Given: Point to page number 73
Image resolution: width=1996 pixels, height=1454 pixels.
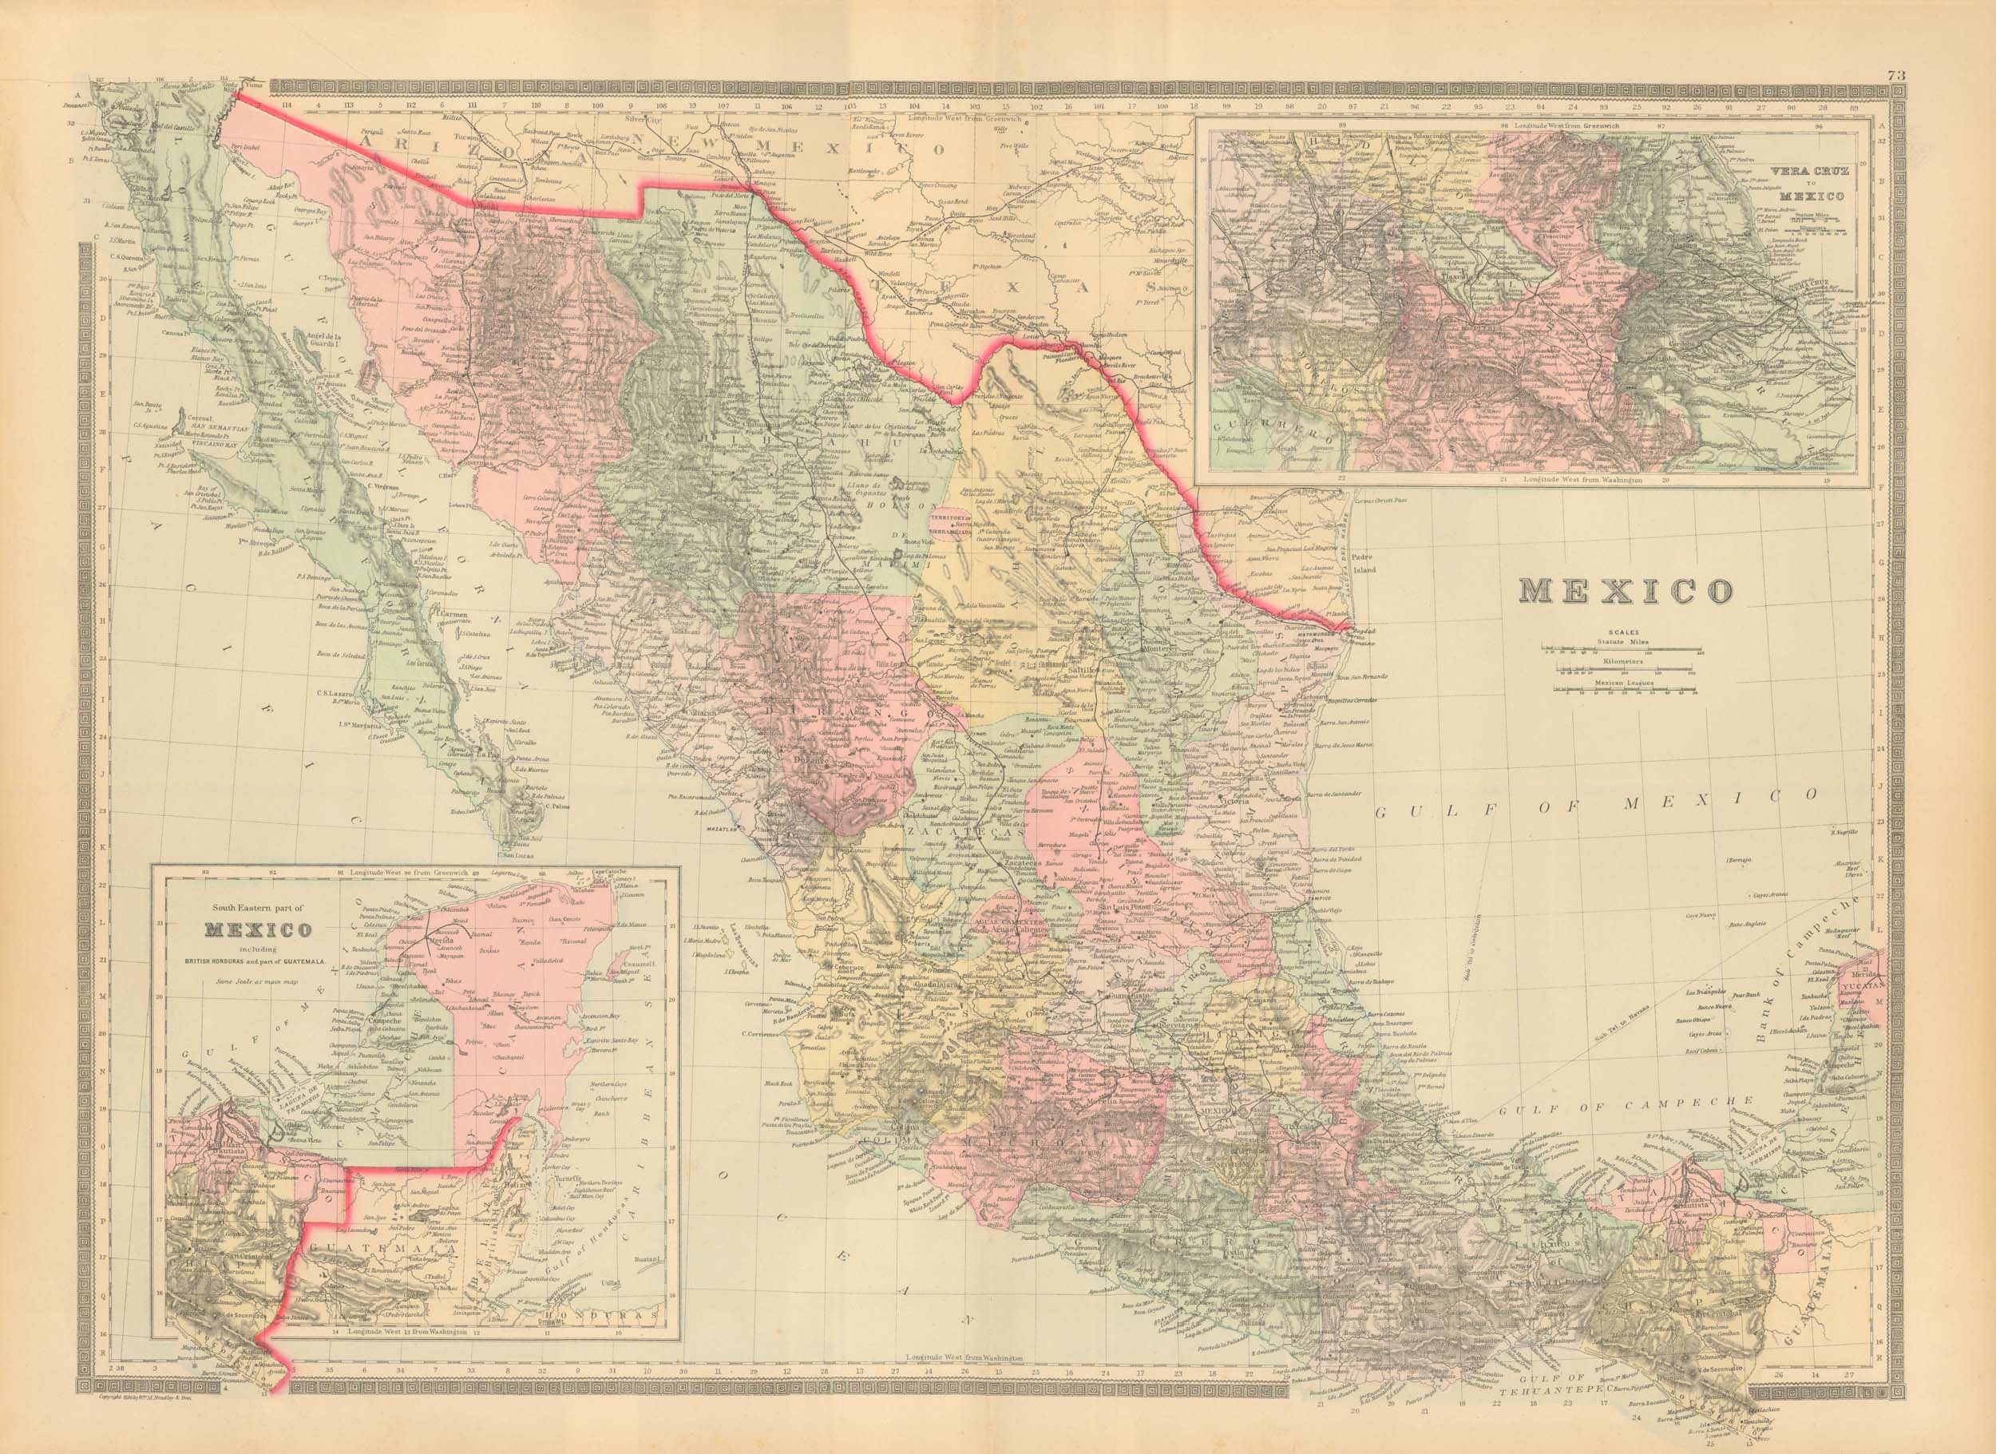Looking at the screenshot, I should (1976, 77).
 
